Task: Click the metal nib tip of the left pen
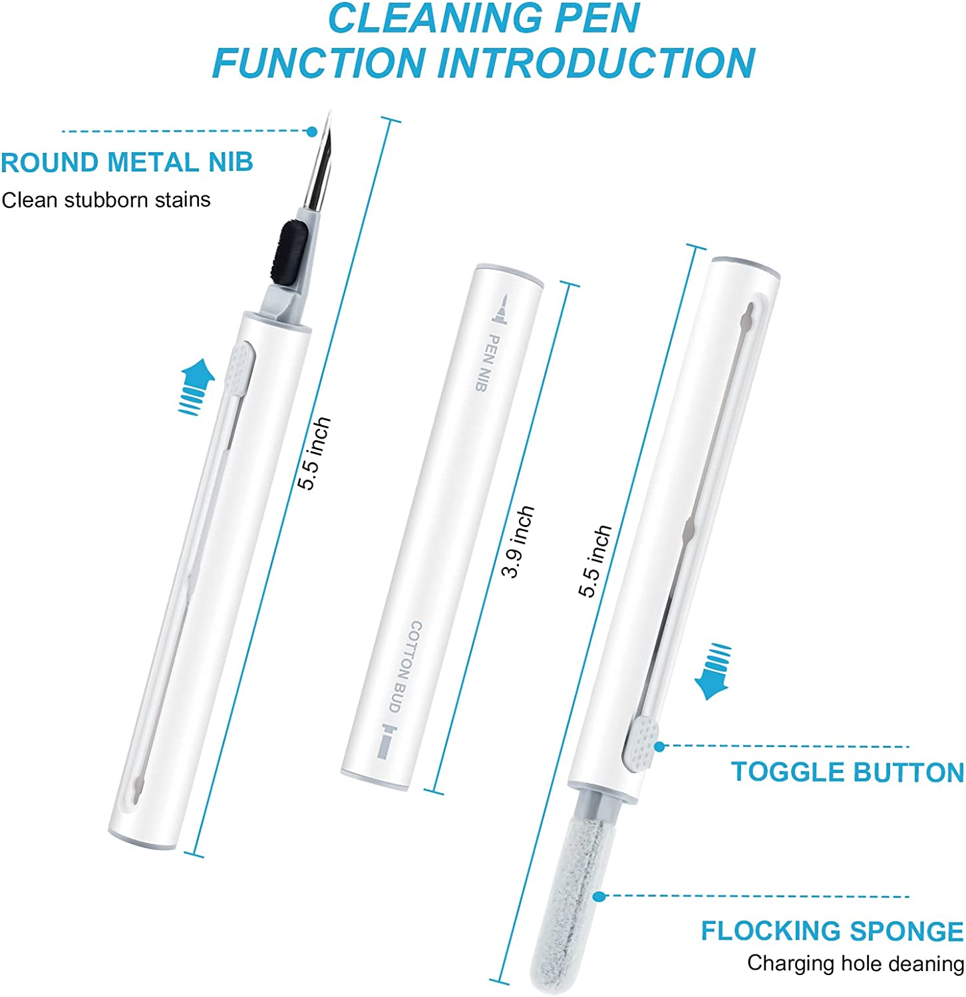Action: (x=329, y=113)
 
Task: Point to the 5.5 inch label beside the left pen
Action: (x=313, y=453)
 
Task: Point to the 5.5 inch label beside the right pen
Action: (x=594, y=560)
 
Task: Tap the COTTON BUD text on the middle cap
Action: (x=405, y=667)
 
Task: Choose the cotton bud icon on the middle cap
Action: (x=387, y=742)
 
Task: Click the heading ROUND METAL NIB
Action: (x=127, y=162)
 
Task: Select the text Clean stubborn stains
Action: (x=106, y=199)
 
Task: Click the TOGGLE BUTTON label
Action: (x=848, y=772)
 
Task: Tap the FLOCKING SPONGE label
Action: (x=832, y=931)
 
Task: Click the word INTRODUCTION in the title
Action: (x=596, y=62)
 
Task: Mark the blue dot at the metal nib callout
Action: (x=312, y=132)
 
